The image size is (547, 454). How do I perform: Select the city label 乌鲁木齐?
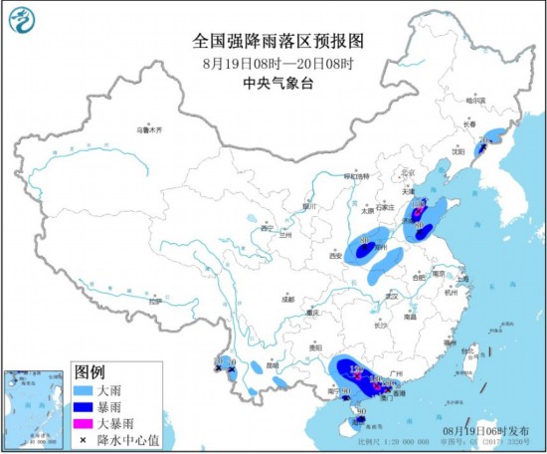point(148,129)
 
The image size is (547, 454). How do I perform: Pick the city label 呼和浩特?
point(357,176)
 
